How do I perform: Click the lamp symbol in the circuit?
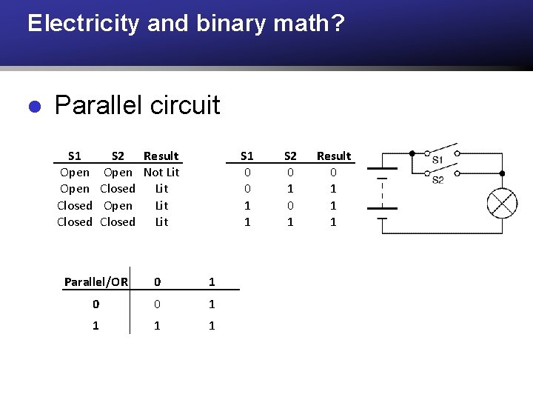tap(501, 203)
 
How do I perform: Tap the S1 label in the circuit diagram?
tap(438, 160)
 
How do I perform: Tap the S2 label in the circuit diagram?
tap(438, 179)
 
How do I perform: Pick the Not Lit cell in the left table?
tap(161, 172)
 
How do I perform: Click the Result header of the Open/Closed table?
tap(161, 156)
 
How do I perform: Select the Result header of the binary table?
tap(334, 156)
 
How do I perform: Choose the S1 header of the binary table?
tap(247, 156)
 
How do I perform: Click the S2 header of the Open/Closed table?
tap(118, 156)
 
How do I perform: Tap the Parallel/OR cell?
tap(96, 281)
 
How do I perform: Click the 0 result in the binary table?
tap(333, 172)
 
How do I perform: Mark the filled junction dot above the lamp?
tap(502, 173)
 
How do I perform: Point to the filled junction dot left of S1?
tap(412, 153)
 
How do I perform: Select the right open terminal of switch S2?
tap(457, 173)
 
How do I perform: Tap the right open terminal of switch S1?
tap(457, 153)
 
